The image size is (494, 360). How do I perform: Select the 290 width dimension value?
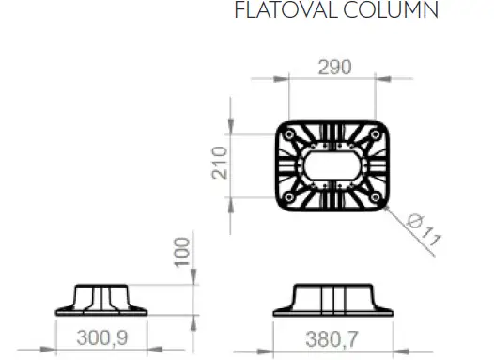(333, 68)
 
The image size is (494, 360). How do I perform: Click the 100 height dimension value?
(182, 252)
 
